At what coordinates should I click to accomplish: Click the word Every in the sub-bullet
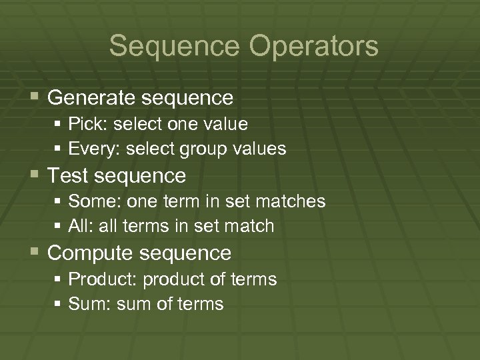(90, 149)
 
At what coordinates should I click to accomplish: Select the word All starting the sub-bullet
(78, 226)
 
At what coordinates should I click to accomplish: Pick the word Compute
(88, 253)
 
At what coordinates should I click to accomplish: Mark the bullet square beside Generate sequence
(35, 98)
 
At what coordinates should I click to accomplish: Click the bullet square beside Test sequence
(35, 175)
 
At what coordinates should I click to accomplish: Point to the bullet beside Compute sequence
(35, 253)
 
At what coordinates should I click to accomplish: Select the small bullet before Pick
(59, 124)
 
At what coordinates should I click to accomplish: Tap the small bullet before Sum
(59, 304)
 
